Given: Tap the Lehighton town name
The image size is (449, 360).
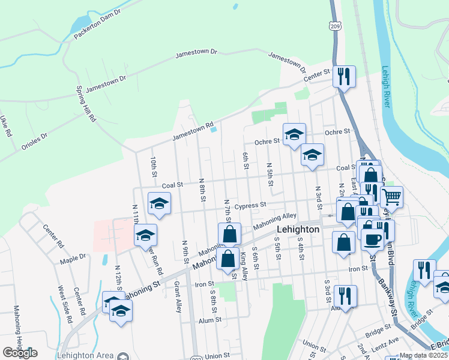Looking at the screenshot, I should tap(298, 230).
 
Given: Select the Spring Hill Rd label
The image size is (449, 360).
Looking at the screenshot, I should tap(85, 103).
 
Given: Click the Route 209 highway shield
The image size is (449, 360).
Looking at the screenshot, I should tap(335, 26).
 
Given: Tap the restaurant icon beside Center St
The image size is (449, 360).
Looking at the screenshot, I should tap(344, 77).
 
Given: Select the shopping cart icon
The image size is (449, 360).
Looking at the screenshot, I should tap(391, 196).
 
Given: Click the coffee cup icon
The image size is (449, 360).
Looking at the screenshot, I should tap(373, 238).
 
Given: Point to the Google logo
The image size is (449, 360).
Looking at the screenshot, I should tap(20, 352).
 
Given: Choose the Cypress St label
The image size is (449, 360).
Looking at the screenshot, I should tap(250, 205).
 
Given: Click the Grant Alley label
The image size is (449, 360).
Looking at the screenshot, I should tap(178, 297).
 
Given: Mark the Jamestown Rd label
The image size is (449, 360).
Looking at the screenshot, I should tap(193, 132).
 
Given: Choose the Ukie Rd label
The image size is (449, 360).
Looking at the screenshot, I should tap(6, 127).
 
